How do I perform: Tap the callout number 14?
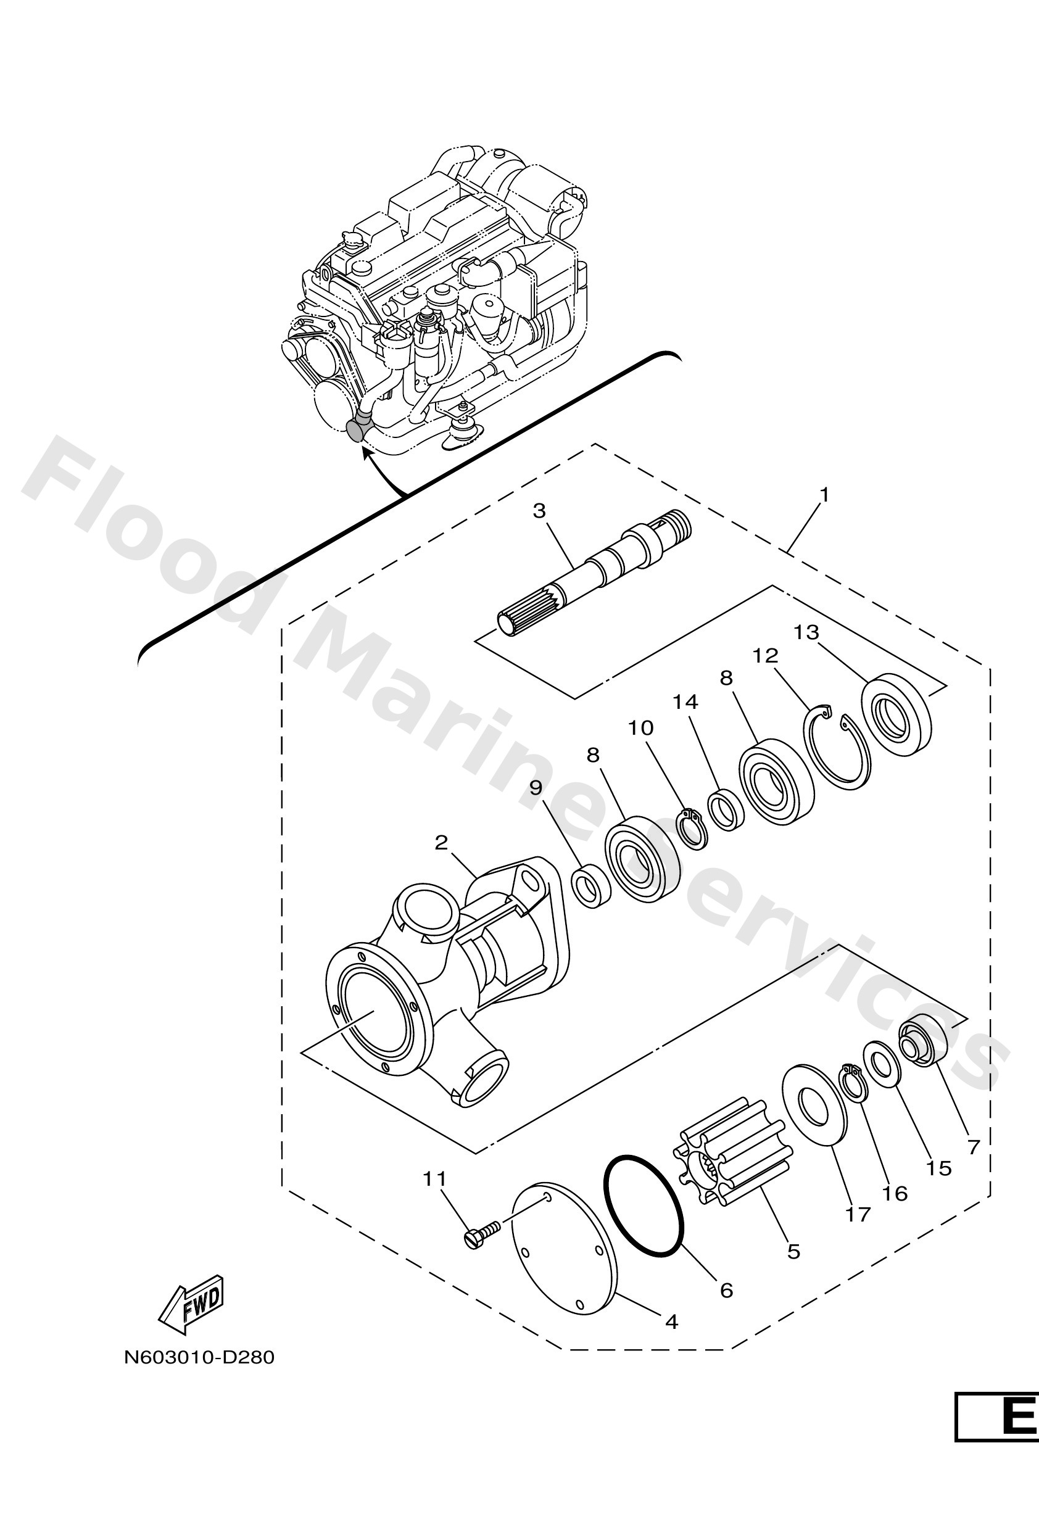coord(685,703)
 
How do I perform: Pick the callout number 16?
coord(895,1194)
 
